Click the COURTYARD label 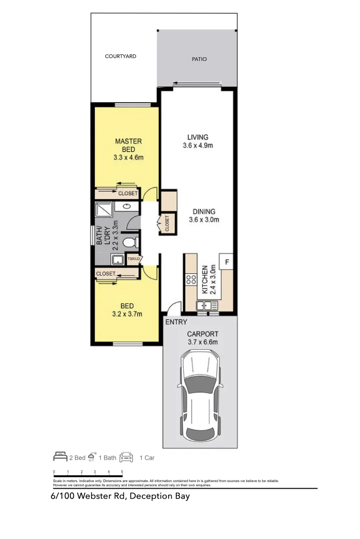(120, 56)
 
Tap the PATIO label (199, 59)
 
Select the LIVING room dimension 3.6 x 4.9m (198, 146)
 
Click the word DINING (204, 211)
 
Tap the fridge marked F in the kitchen (227, 262)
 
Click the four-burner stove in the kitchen (191, 280)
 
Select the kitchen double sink (207, 305)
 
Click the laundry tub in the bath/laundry (117, 260)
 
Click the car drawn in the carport (200, 394)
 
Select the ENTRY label (176, 322)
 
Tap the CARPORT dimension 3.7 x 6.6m (203, 342)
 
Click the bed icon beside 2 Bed (60, 457)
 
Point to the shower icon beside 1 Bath (92, 457)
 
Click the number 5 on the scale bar (122, 471)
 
